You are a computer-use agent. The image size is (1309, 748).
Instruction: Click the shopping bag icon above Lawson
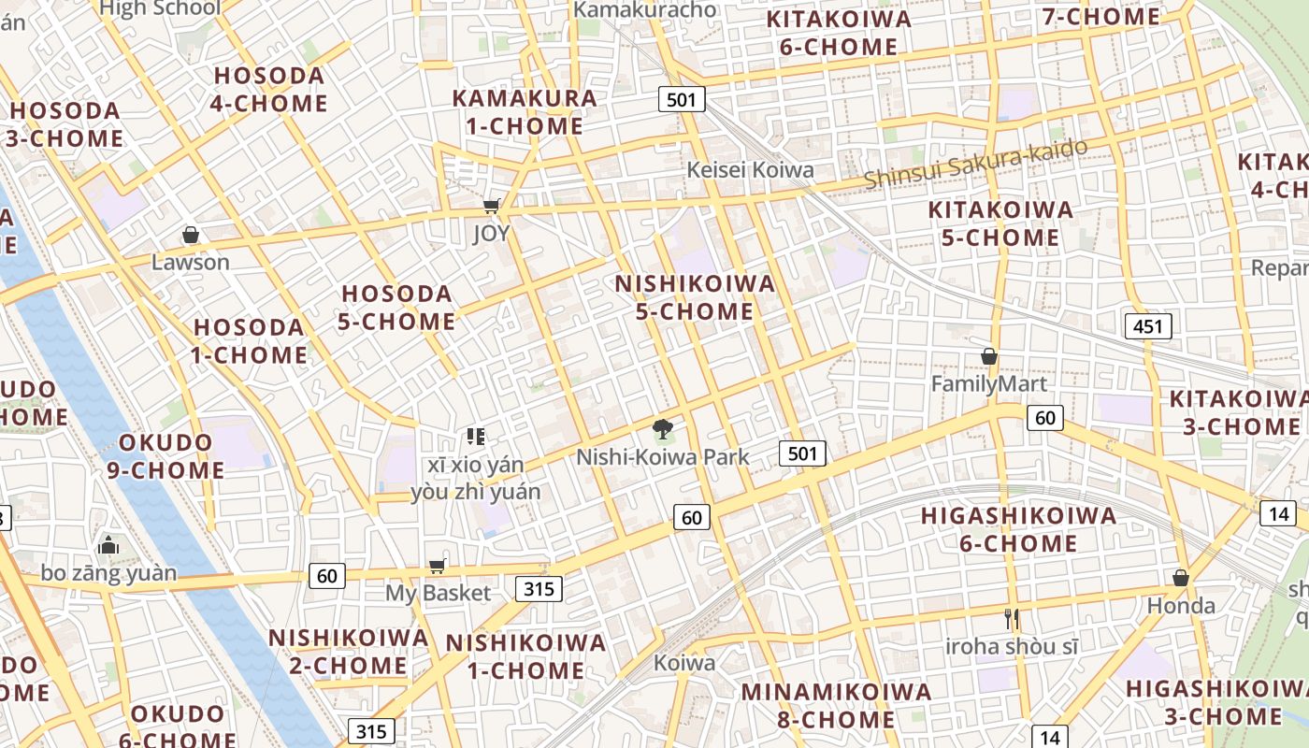tap(191, 235)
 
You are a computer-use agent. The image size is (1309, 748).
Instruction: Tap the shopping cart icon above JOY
tap(491, 206)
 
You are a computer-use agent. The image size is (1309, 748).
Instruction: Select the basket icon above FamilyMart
tap(989, 356)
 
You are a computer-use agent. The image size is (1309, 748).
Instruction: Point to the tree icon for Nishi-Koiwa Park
tap(663, 429)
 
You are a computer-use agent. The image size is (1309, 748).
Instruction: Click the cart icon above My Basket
tap(437, 566)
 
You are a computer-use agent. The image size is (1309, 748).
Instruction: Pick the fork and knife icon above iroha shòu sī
tap(1011, 619)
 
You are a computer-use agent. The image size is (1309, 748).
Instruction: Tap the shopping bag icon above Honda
tap(1181, 578)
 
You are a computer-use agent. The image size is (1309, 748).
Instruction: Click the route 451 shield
tap(1147, 326)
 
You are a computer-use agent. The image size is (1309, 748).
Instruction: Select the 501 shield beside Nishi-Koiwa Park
tap(802, 454)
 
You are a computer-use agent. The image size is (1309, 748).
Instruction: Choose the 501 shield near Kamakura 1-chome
tap(681, 98)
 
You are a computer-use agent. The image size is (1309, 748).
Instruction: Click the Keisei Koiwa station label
tap(750, 170)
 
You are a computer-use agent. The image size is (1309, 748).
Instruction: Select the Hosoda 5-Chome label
tap(397, 308)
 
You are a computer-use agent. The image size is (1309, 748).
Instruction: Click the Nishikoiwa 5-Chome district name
tap(695, 297)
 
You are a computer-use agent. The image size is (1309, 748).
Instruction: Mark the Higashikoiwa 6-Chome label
tap(1018, 529)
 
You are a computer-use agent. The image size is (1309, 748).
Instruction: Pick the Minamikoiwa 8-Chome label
tap(836, 706)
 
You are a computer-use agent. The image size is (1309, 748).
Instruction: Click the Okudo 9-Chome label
tap(165, 456)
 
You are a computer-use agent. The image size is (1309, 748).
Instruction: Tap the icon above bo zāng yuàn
tap(108, 545)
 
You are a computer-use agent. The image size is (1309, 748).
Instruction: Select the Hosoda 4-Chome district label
tap(269, 90)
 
